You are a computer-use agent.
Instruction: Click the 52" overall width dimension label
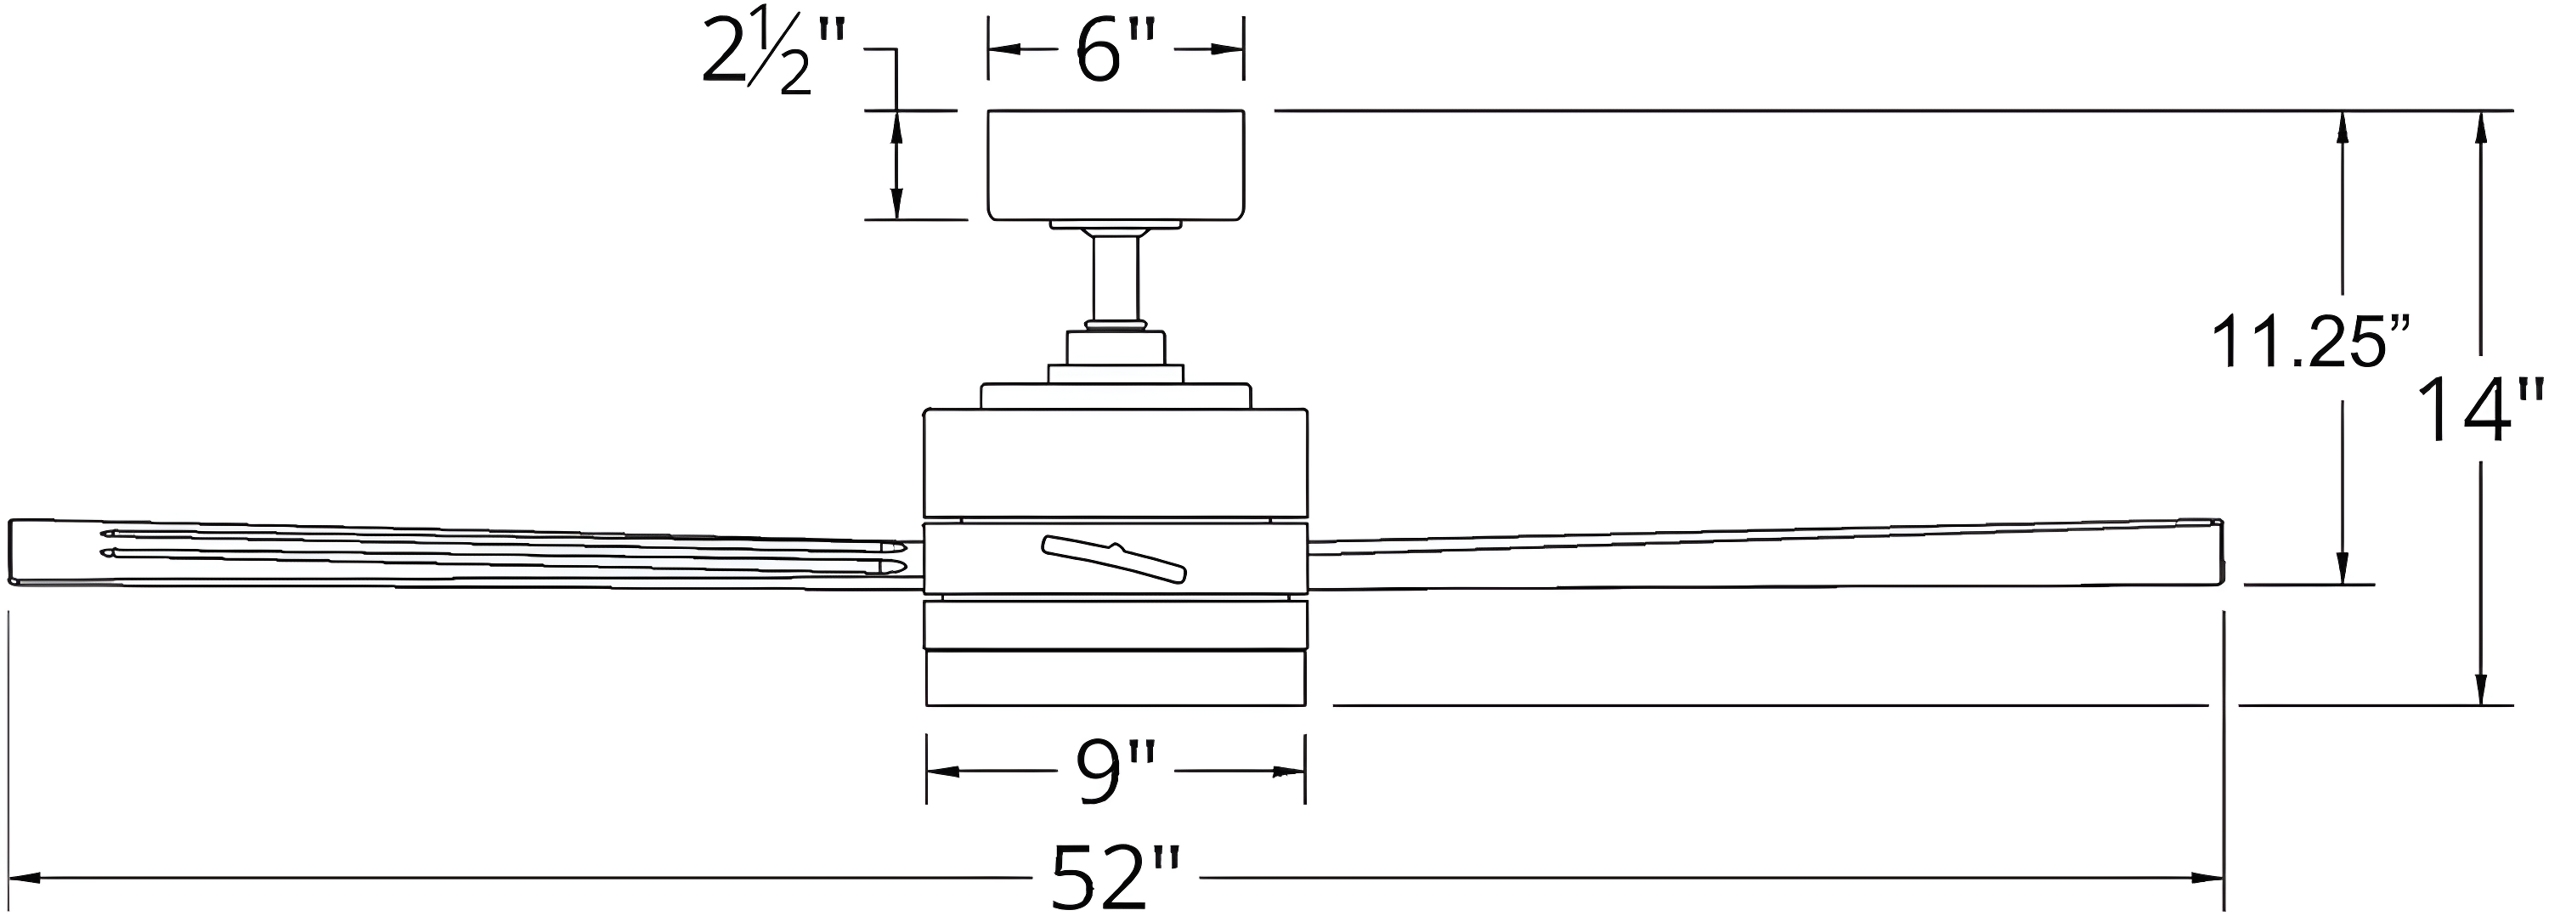(1115, 876)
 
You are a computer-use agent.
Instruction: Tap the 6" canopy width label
(1115, 49)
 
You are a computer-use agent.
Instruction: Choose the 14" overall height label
(2479, 410)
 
